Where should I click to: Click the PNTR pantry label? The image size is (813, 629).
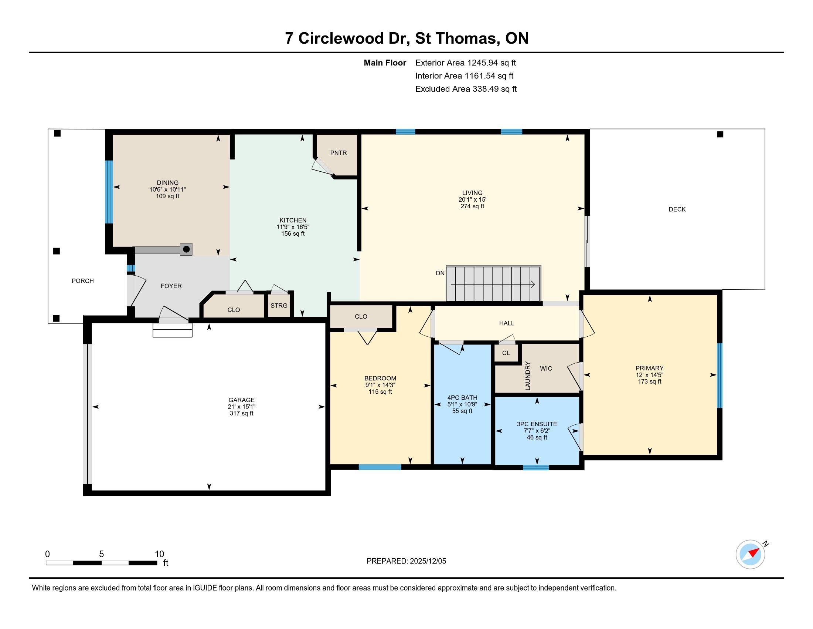point(339,153)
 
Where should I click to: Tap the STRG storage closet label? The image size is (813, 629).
point(279,306)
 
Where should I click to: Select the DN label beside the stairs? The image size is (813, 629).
point(440,273)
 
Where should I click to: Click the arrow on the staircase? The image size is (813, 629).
point(493,284)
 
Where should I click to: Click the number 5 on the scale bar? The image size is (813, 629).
point(101,554)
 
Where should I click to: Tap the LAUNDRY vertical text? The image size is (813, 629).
point(527,376)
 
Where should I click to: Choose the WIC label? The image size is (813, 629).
point(546,369)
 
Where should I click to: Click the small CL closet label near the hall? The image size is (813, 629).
point(506,353)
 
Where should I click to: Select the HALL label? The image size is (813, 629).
point(507,323)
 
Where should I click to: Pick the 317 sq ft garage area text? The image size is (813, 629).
point(242,413)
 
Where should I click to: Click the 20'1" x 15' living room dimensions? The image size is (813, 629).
point(472,199)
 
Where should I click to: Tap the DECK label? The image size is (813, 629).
point(677,209)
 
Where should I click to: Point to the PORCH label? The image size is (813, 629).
point(83,281)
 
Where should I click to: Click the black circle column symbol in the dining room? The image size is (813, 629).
point(187,249)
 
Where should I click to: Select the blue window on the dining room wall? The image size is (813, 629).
point(109,192)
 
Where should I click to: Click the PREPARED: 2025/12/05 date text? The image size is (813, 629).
point(406,561)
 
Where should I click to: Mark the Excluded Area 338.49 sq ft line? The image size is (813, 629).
point(466,89)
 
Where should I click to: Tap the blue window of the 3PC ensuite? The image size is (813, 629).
point(536,468)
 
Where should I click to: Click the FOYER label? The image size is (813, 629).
point(171,286)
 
